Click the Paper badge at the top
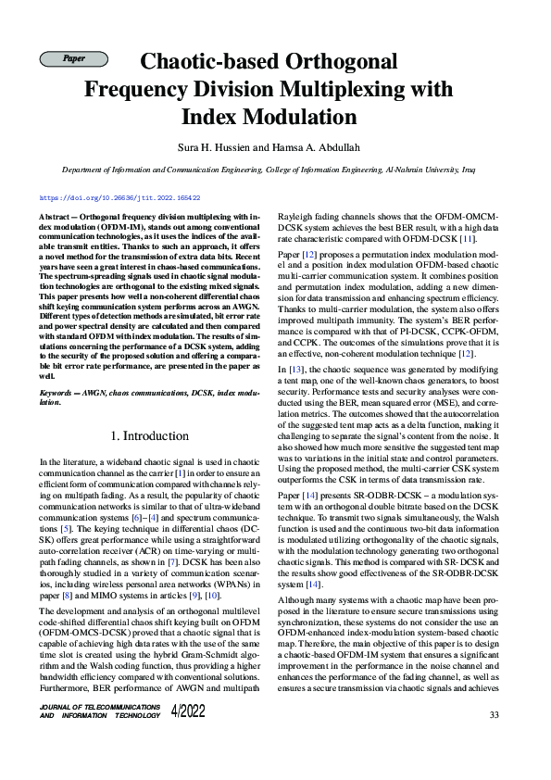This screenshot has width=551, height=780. pos(74,59)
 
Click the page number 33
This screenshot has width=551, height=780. pos(495,714)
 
